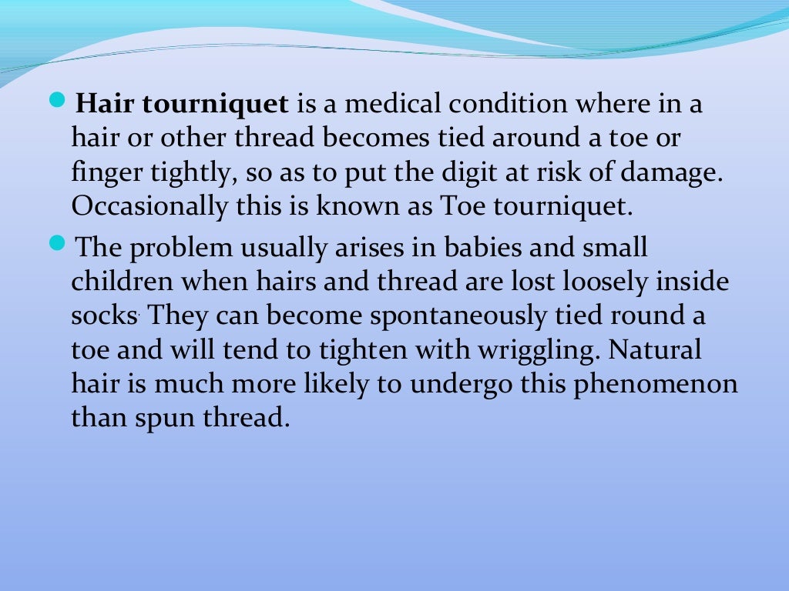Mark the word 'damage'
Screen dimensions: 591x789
click(x=679, y=172)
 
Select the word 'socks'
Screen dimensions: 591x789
click(x=104, y=316)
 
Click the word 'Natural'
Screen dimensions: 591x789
click(x=655, y=350)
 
